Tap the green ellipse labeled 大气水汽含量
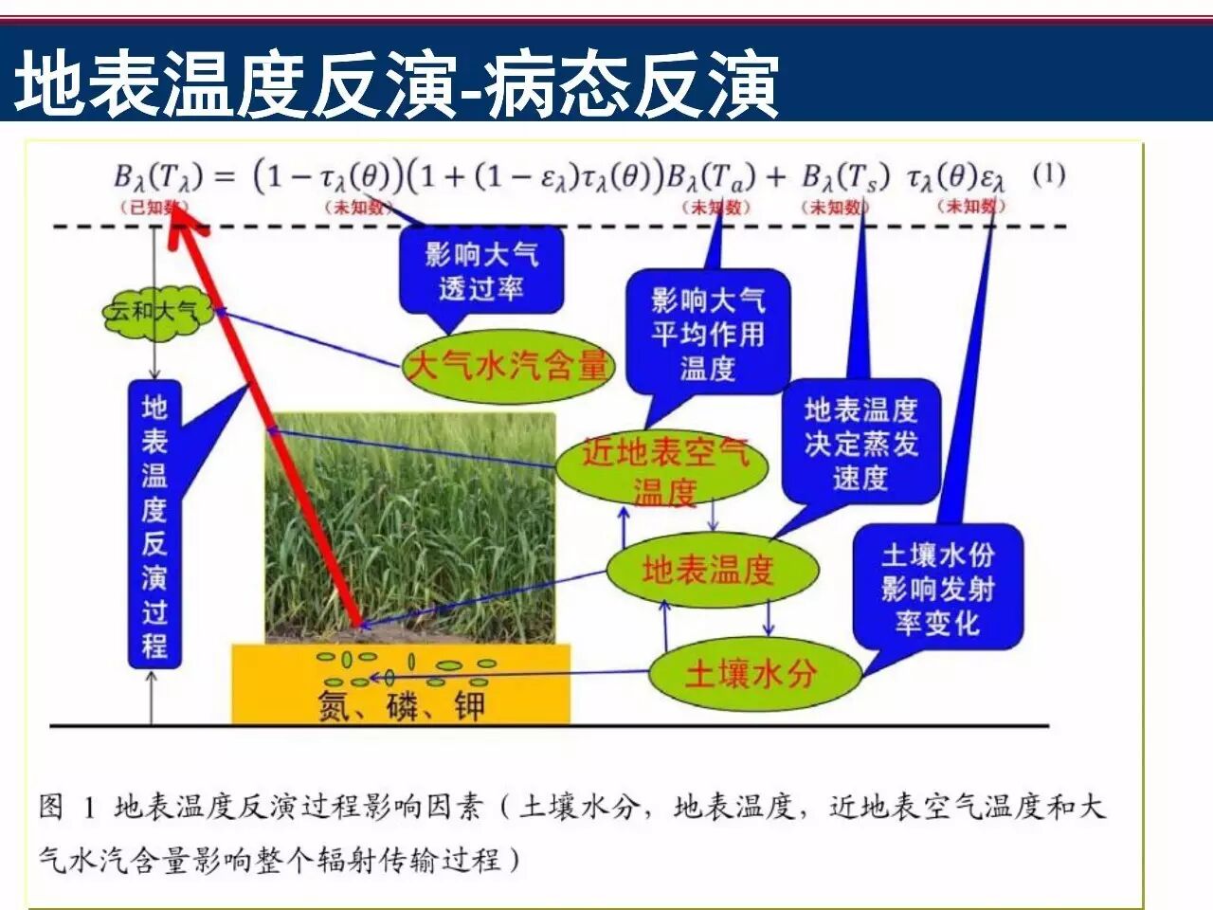[x=507, y=365]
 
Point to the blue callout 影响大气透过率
[x=481, y=270]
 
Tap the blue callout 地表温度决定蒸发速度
[x=860, y=444]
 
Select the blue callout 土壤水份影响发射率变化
[x=937, y=589]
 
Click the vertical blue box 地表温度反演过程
[x=154, y=526]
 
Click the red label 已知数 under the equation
[x=152, y=207]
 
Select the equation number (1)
[x=1048, y=174]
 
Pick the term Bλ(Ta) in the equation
[x=711, y=176]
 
